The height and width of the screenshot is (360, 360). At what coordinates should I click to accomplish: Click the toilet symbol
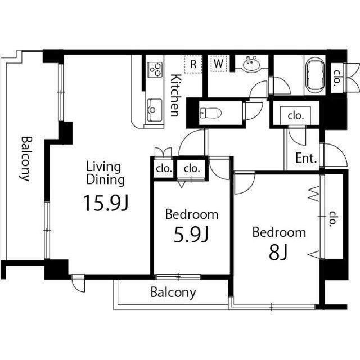pos(210,113)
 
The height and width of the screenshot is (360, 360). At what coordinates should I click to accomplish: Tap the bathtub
pos(314,76)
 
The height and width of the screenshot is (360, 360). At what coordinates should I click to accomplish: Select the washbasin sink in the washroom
pos(251,63)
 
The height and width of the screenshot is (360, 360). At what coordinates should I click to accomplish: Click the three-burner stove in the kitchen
pos(155,70)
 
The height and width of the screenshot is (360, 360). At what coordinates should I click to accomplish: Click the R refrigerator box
pos(193,64)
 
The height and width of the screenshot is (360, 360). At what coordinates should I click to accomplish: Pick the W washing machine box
pos(218,63)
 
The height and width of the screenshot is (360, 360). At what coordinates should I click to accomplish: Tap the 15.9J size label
pos(106,202)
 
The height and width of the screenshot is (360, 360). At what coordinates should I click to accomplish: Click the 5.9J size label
pos(191,235)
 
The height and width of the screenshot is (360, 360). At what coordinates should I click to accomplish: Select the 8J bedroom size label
pos(278,253)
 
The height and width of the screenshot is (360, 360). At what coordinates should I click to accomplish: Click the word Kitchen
pos(175,95)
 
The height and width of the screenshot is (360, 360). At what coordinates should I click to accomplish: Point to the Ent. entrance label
pos(306,158)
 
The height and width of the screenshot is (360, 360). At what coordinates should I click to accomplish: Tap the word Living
pos(103,167)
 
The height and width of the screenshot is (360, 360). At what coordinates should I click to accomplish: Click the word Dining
pos(106,180)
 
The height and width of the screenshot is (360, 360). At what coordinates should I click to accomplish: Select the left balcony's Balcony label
pos(25,159)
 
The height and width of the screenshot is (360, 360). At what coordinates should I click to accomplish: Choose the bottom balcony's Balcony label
pos(173,292)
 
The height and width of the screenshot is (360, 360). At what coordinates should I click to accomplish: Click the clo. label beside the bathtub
pos(337,78)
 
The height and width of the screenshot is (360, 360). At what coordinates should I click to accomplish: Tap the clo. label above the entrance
pos(296,115)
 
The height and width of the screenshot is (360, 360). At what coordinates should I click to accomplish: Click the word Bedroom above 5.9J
pos(192,214)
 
